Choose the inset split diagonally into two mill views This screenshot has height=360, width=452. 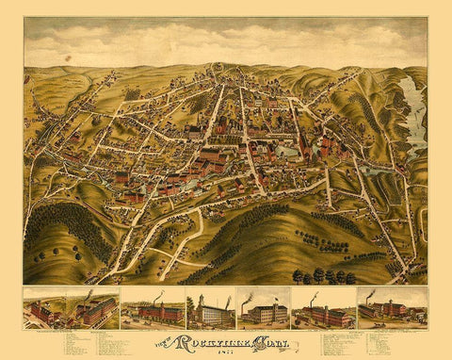point(72,308)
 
